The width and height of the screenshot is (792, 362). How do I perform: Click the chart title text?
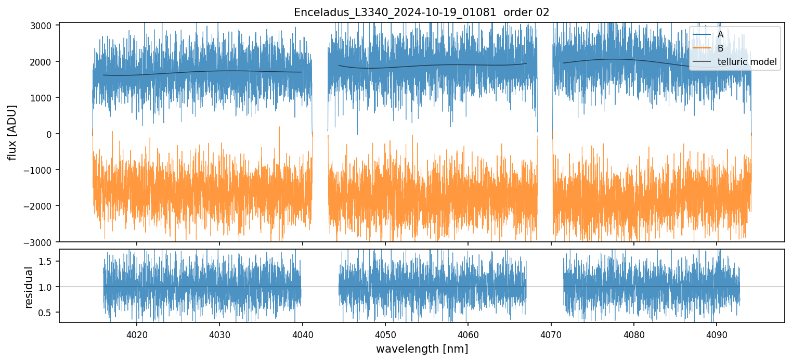click(x=421, y=12)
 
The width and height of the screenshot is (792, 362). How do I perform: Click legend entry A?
click(x=720, y=34)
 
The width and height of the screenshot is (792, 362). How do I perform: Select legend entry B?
click(x=720, y=48)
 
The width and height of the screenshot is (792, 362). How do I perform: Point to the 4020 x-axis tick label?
click(x=137, y=333)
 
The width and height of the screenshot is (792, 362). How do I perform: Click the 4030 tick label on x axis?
click(x=219, y=333)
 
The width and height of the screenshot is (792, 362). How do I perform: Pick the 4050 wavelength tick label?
click(x=385, y=333)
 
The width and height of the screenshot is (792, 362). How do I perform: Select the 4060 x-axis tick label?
click(x=468, y=333)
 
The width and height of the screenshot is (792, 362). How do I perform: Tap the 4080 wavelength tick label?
click(x=634, y=333)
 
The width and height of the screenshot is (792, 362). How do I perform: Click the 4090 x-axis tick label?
click(x=717, y=333)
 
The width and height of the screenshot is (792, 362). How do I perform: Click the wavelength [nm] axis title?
click(x=422, y=348)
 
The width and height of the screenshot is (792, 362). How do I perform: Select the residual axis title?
click(x=29, y=287)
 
